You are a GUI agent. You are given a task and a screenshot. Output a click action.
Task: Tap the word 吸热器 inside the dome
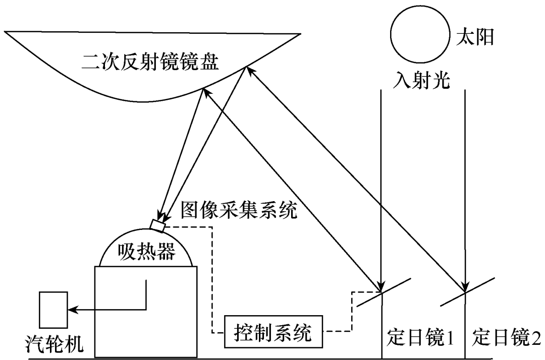click(x=146, y=251)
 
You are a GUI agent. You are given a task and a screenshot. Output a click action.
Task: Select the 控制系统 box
click(x=272, y=332)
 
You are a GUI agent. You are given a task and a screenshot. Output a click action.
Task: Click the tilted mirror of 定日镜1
click(x=383, y=292)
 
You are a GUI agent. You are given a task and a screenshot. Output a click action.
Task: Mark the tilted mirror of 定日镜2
click(x=465, y=292)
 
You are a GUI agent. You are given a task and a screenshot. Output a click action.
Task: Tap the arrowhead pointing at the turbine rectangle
click(x=71, y=309)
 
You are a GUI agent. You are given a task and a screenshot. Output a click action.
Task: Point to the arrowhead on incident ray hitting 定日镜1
click(x=381, y=285)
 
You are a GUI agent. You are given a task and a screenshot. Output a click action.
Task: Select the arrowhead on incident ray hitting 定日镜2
click(x=465, y=285)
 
